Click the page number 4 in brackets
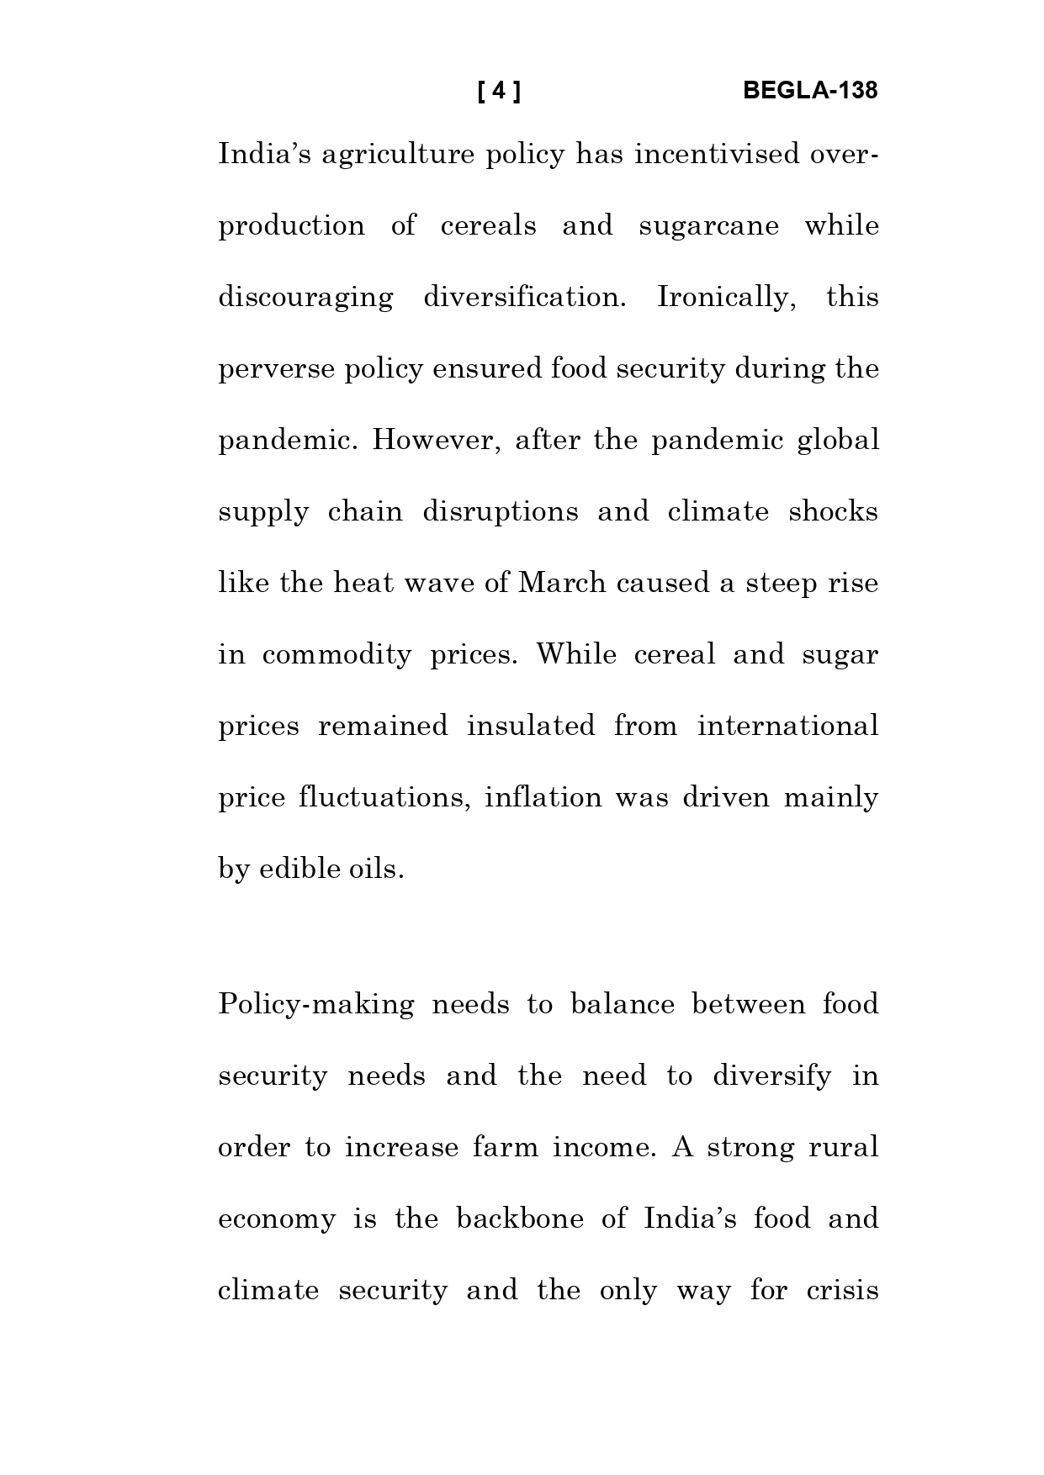pyautogui.click(x=499, y=91)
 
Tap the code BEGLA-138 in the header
pyautogui.click(x=810, y=91)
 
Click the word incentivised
pyautogui.click(x=717, y=155)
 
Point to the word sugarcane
pyautogui.click(x=708, y=226)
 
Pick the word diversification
pyautogui.click(x=524, y=298)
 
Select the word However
pyautogui.click(x=437, y=441)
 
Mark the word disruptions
pyautogui.click(x=500, y=512)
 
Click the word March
pyautogui.click(x=561, y=583)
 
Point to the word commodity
pyautogui.click(x=337, y=655)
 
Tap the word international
pyautogui.click(x=787, y=726)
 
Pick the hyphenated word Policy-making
pyautogui.click(x=315, y=1005)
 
